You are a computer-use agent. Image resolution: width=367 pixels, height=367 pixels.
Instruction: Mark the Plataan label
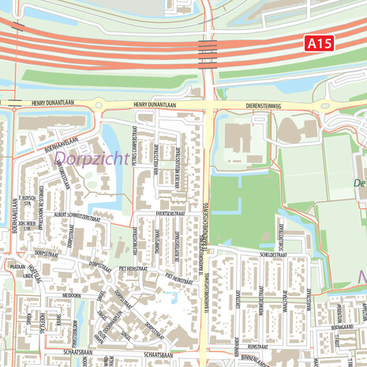(17, 267)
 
